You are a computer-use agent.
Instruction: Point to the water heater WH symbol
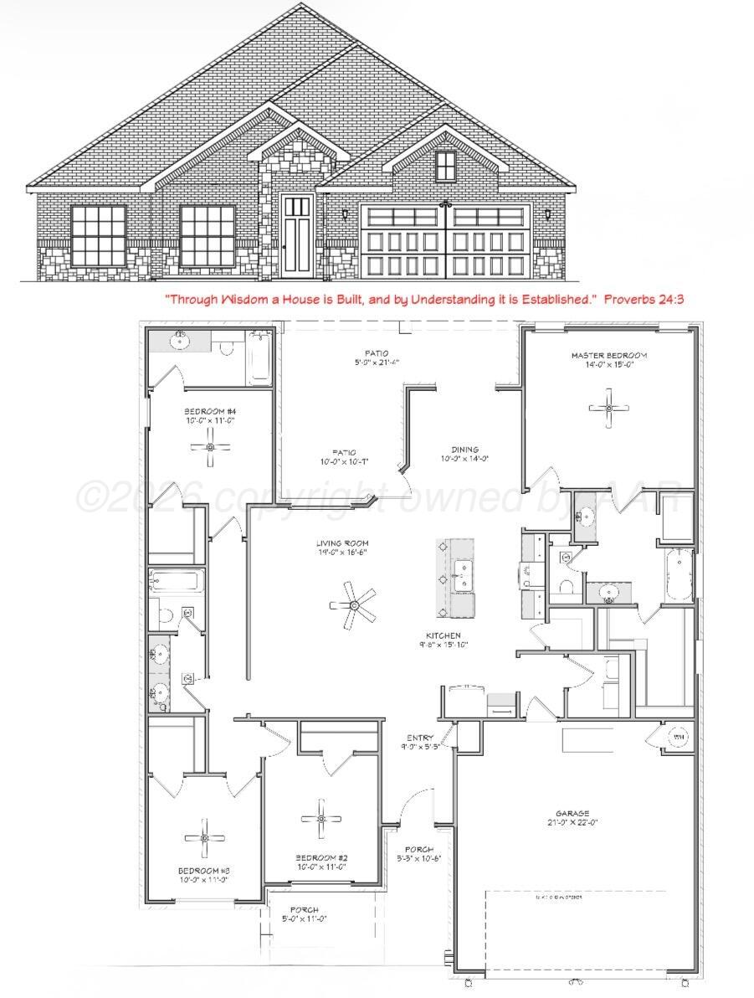[x=679, y=736]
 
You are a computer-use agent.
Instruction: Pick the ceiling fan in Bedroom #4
[x=210, y=450]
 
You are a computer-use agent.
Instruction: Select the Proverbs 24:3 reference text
[x=644, y=298]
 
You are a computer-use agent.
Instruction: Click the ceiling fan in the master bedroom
[x=608, y=408]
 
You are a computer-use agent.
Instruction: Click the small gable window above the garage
[x=446, y=166]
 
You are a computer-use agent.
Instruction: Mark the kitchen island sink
[x=460, y=571]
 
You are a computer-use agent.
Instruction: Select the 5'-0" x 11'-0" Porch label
[x=304, y=914]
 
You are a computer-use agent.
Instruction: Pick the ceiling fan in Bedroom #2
[x=321, y=819]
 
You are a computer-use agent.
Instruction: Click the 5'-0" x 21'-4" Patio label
[x=376, y=358]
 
